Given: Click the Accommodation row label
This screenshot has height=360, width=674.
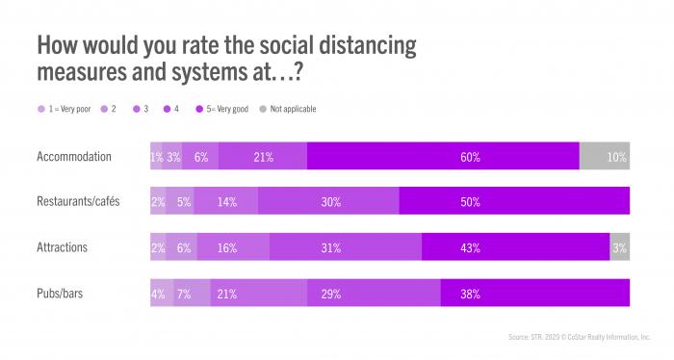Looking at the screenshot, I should point(74,156).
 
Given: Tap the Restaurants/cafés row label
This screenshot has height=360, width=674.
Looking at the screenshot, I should point(78,201).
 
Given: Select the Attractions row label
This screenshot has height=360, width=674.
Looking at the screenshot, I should point(63,247).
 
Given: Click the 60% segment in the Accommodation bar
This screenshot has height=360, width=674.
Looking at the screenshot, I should point(443,156).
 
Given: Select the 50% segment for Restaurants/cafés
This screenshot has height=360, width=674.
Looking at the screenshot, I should point(514,201).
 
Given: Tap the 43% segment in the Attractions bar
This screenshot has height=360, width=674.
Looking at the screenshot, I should point(515,247).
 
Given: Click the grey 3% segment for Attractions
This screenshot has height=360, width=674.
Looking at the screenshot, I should point(619,247).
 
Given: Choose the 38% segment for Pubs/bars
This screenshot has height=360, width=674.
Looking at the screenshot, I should point(534,293).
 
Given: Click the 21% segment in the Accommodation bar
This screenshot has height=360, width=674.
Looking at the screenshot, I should point(262,156).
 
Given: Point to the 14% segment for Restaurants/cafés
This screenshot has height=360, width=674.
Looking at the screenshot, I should point(227,201).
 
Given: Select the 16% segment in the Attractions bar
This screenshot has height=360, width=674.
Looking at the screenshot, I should point(233,247).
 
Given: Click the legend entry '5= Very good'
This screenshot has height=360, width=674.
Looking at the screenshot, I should point(223,109).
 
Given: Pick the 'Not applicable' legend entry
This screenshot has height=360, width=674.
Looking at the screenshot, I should point(291,109).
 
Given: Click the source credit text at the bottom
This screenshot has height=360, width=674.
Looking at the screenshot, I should point(578,337).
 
